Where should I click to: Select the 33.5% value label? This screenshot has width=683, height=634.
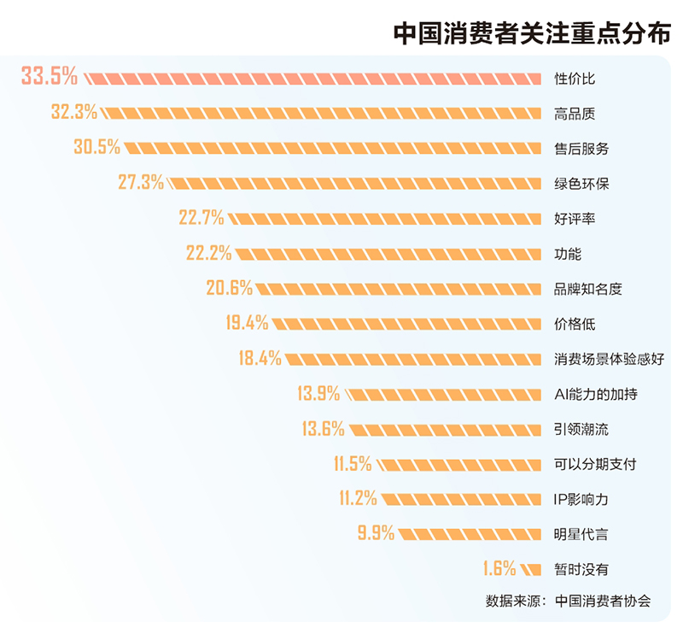[49, 77]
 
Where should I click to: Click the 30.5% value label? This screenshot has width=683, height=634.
[96, 147]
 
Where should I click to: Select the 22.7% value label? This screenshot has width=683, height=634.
[201, 218]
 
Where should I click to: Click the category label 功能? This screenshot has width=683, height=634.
[567, 253]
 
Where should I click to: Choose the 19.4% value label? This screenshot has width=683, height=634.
[247, 323]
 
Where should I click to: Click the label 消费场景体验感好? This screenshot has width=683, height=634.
[609, 359]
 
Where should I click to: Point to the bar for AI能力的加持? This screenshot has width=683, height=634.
[444, 394]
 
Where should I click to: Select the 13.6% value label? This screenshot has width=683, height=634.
[323, 429]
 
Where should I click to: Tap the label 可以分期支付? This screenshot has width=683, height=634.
[595, 464]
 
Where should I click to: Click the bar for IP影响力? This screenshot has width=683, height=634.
[461, 499]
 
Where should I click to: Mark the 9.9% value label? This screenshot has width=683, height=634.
[376, 534]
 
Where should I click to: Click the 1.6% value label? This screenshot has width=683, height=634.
[499, 568]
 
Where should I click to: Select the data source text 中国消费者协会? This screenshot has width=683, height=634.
[602, 601]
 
